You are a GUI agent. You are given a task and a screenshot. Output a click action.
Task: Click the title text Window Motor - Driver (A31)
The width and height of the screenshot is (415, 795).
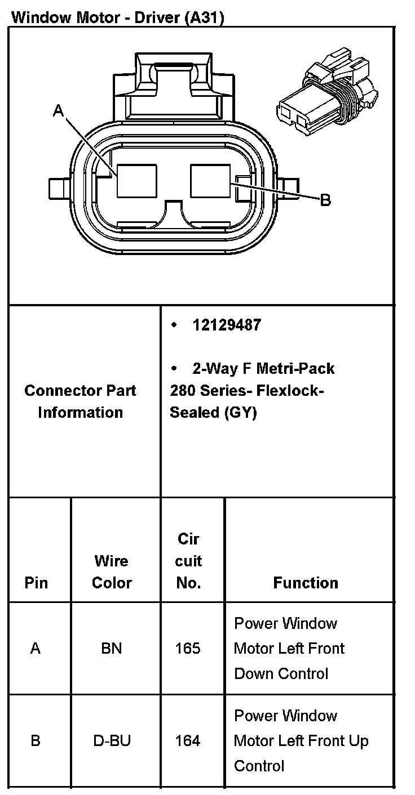(x=118, y=17)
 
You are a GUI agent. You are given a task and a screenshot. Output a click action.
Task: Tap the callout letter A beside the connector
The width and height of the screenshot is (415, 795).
(x=58, y=110)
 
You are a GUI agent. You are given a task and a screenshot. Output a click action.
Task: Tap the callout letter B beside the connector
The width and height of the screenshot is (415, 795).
(x=325, y=200)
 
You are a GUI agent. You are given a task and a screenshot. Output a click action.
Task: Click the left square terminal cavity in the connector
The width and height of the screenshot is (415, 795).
(x=137, y=181)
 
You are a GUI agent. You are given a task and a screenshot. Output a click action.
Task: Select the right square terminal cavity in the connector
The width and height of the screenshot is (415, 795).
(x=210, y=181)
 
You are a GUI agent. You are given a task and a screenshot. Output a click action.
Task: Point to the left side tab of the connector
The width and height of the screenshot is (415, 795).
(x=59, y=188)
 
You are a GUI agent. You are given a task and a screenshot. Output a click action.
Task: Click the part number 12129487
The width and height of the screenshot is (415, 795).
(x=227, y=325)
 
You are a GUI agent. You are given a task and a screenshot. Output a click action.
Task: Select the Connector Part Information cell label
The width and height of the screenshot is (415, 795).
(x=80, y=401)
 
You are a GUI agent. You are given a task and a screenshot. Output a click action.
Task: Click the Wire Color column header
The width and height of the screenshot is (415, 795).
(x=112, y=572)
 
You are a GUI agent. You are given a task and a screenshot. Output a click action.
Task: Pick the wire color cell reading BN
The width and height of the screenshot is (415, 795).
(x=112, y=648)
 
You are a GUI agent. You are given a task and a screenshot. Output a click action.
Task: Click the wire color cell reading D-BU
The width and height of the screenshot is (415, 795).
(x=112, y=740)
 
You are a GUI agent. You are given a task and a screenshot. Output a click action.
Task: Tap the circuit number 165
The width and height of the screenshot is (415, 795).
(x=188, y=648)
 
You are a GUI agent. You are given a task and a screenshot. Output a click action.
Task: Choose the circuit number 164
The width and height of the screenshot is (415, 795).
(x=188, y=740)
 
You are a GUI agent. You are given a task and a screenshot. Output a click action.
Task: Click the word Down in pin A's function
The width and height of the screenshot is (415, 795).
(x=251, y=673)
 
